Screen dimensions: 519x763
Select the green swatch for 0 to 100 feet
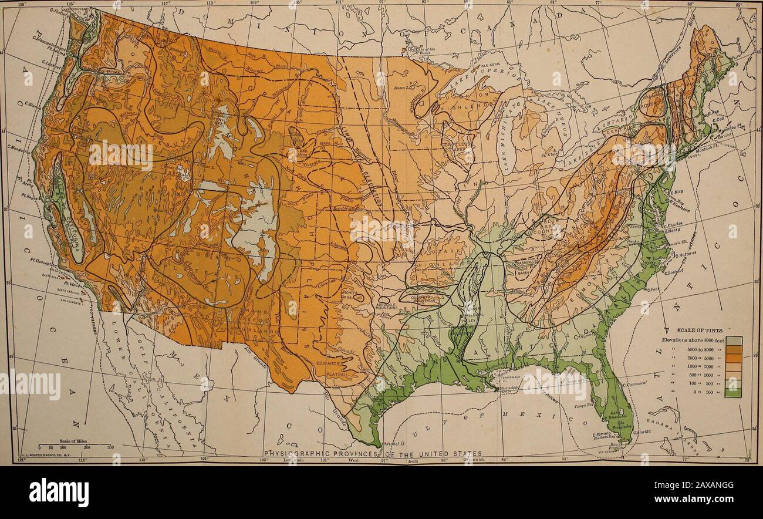click(732, 393)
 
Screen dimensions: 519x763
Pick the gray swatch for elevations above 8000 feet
click(732, 340)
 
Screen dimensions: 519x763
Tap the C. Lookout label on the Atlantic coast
click(674, 272)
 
